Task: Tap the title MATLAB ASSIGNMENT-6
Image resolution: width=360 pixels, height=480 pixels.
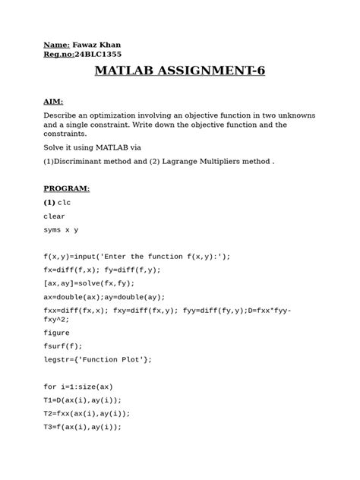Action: (180, 73)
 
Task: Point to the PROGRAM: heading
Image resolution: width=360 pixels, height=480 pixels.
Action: (66, 188)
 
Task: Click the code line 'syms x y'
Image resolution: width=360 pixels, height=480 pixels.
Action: (61, 229)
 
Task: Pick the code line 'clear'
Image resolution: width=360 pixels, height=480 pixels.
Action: (55, 216)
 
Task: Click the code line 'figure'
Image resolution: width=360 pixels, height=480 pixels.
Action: (57, 332)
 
